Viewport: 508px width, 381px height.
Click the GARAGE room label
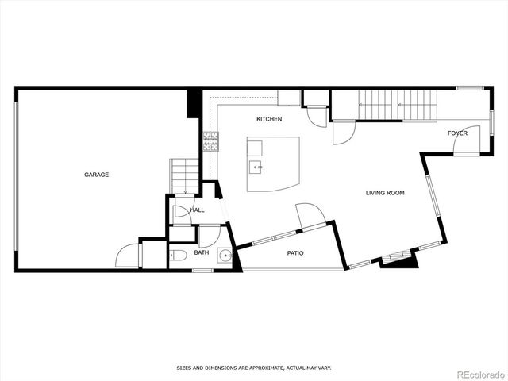pos(97,175)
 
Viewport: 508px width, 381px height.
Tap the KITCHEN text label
pos(269,119)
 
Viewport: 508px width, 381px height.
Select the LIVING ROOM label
pos(385,193)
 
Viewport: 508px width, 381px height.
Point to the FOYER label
pos(457,133)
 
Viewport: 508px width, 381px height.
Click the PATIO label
pos(295,253)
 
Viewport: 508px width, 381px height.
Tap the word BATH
pos(202,253)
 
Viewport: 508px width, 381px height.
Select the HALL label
pos(197,210)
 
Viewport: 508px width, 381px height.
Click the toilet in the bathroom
pos(178,255)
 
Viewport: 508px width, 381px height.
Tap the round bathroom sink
pos(225,256)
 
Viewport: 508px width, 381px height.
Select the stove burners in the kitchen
pos(211,141)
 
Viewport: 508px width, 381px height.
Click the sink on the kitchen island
pos(256,167)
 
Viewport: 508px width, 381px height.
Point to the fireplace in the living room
pos(398,258)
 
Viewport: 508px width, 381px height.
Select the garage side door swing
pos(127,256)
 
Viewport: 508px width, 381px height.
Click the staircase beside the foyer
pos(397,104)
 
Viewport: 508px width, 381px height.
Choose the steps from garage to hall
pos(184,175)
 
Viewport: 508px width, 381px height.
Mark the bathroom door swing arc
pos(209,236)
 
